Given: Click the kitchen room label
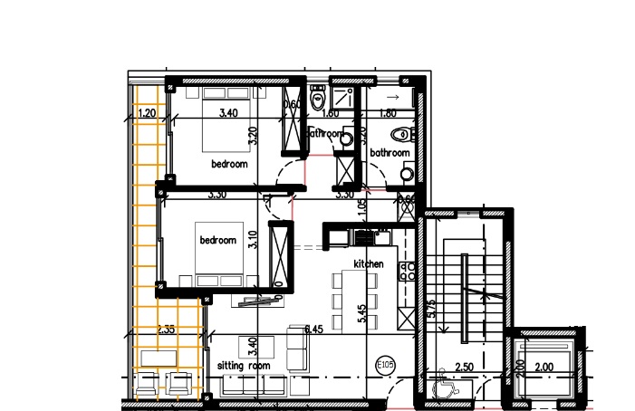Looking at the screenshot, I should coord(369,263).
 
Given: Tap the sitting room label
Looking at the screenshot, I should coord(245,365).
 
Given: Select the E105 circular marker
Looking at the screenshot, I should coord(385,365).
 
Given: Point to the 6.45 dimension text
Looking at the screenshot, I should coord(314,330).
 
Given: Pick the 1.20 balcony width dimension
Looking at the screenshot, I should coord(148,113).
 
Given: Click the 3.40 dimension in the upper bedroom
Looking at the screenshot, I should coord(229,113).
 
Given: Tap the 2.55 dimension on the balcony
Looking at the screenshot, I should coord(166,330).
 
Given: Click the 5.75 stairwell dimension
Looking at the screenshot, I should coord(432,308).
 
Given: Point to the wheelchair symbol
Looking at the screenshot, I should coord(443,389).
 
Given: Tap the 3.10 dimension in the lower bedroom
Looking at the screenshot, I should coord(253,241).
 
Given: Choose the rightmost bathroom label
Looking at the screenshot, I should coord(390,153).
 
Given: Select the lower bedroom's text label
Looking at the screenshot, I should coord(217,240).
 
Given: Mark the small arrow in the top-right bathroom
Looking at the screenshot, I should coord(392,95).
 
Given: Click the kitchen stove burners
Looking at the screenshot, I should coord(407,269).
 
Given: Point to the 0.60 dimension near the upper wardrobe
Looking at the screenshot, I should coord(292,105).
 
